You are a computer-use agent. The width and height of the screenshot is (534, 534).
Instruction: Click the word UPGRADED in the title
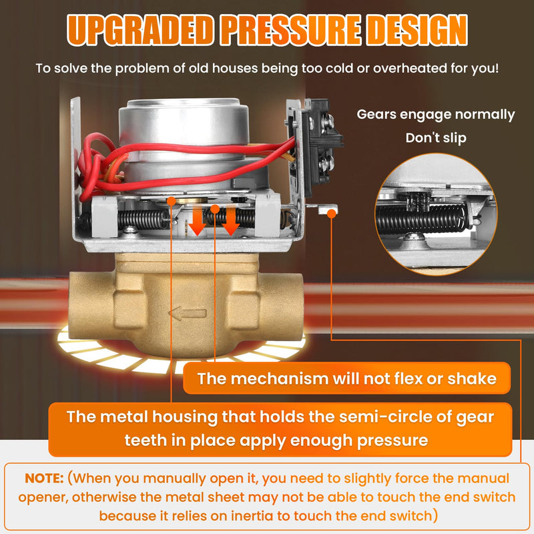(140, 31)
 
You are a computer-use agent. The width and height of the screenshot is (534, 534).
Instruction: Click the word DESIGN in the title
(418, 31)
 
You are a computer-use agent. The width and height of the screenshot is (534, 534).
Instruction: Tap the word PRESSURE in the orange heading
(290, 31)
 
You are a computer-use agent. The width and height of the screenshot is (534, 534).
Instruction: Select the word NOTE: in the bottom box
(44, 478)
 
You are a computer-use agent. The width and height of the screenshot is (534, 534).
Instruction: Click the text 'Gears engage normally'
(436, 115)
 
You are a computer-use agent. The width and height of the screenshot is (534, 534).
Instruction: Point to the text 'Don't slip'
(436, 138)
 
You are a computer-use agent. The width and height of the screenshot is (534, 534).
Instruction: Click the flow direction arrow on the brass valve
(188, 313)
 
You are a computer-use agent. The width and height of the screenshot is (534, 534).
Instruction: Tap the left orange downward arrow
(198, 220)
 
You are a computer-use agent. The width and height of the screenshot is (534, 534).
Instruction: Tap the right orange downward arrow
(230, 220)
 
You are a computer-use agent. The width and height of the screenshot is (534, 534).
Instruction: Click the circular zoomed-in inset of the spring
(436, 214)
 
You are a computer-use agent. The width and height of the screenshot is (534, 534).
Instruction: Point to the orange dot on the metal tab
(331, 214)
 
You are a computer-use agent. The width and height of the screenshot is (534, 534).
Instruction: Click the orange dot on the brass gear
(172, 202)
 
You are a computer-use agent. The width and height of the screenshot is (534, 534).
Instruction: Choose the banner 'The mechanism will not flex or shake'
(346, 378)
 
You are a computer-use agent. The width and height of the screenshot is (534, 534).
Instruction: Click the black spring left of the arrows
(143, 220)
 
